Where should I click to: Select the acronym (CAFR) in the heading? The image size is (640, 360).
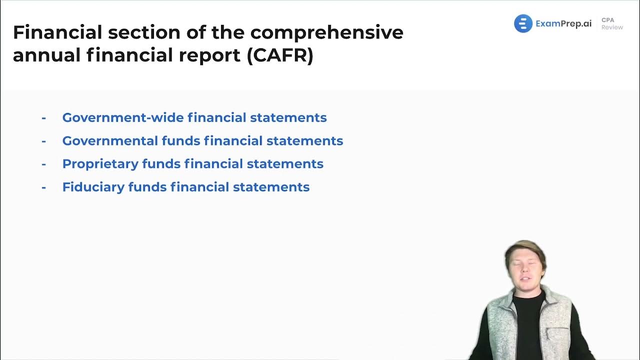coord(280,55)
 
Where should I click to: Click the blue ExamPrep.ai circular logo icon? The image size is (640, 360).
coord(523,23)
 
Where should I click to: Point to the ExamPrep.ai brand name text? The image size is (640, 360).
coord(563,23)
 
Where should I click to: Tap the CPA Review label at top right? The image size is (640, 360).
coord(611,23)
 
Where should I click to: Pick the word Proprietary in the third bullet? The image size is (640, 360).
coord(100,163)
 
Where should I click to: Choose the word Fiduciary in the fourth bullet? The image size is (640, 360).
coord(93,186)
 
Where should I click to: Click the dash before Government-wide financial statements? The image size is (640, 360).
coord(44,117)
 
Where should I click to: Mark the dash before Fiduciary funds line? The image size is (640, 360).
coord(44,186)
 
